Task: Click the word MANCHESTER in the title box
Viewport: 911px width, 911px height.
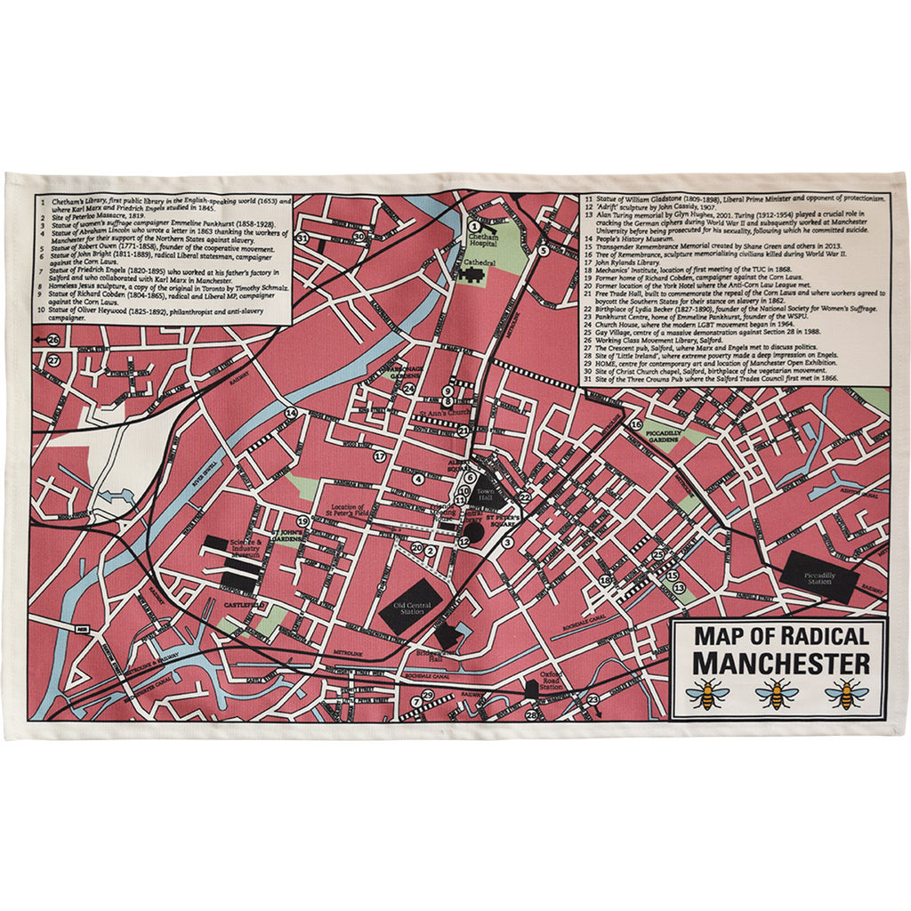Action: pyautogui.click(x=780, y=664)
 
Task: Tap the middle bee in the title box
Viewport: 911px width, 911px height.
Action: pyautogui.click(x=777, y=693)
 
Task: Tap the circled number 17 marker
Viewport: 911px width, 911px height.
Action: pyautogui.click(x=379, y=456)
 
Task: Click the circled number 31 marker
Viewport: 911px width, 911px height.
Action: pyautogui.click(x=302, y=238)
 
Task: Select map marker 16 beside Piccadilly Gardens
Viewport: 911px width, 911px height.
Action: pyautogui.click(x=636, y=424)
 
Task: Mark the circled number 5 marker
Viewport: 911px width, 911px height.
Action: pyautogui.click(x=542, y=251)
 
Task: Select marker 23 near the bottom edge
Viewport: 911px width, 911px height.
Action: pyautogui.click(x=593, y=700)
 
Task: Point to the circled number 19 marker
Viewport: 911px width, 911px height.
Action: pyautogui.click(x=302, y=521)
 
